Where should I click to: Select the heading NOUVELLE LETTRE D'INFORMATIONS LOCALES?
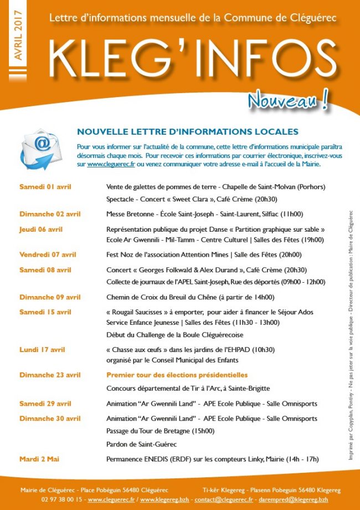click(188, 132)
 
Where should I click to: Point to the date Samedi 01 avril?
click(45, 187)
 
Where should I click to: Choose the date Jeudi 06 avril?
click(41, 229)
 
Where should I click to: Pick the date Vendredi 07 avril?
click(48, 255)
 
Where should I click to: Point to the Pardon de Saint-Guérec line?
click(141, 444)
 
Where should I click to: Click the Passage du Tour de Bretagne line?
click(160, 431)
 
